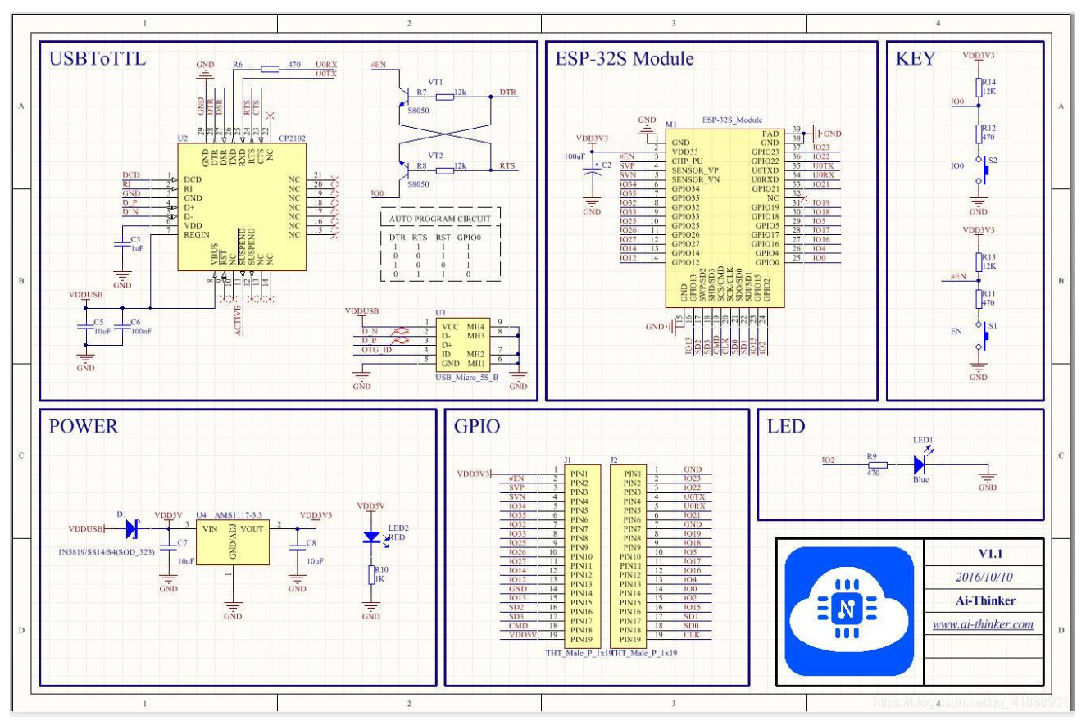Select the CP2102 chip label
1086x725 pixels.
(293, 139)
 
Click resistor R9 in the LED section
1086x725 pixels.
(872, 464)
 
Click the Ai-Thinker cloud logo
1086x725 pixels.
(848, 610)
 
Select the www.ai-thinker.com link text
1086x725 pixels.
(984, 624)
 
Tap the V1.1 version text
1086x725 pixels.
(984, 552)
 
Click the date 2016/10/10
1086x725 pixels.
(984, 576)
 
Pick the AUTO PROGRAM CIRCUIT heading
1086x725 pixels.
(441, 220)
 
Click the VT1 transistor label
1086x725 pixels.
(435, 83)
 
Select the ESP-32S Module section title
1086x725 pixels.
(625, 60)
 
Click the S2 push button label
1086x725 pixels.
(993, 161)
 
